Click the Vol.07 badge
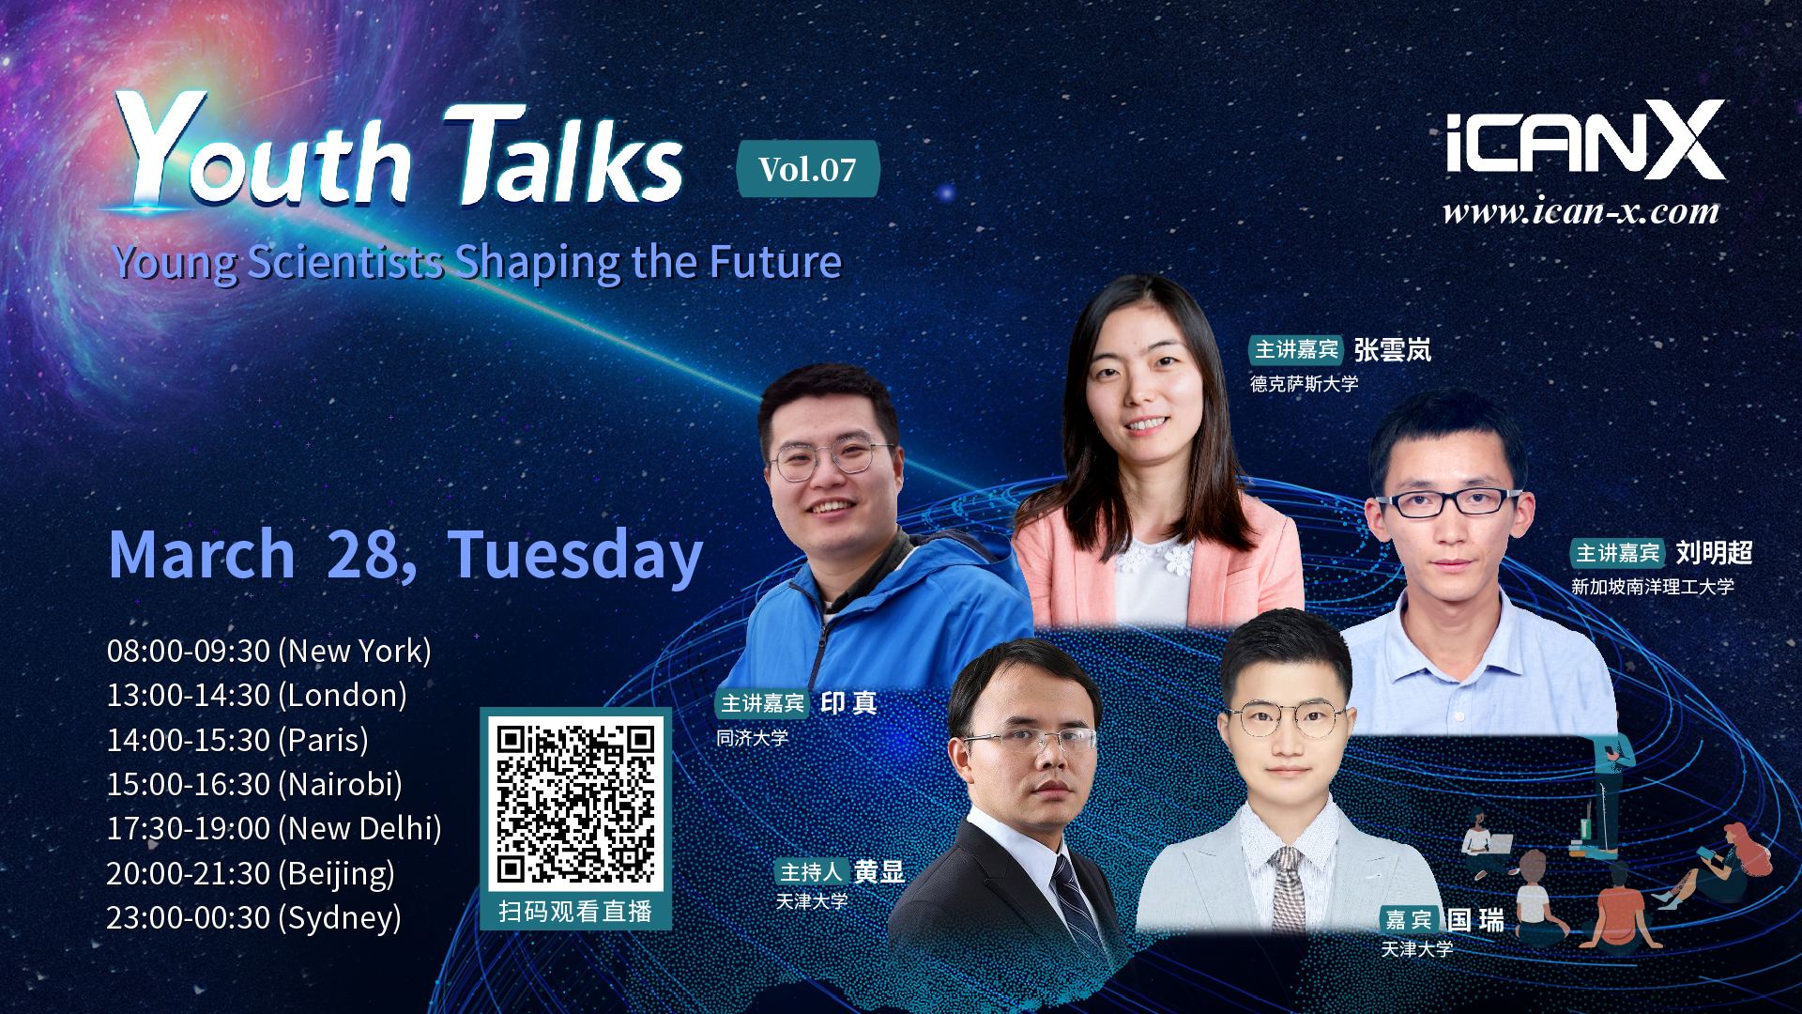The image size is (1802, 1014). tap(808, 169)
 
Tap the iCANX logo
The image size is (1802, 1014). tap(1584, 141)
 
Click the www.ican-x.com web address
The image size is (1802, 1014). tap(1581, 211)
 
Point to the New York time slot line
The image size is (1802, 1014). tap(268, 651)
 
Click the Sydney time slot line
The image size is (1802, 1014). tap(253, 917)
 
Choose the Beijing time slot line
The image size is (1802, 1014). tap(251, 873)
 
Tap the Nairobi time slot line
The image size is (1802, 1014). tap(254, 784)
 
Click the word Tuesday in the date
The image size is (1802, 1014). tap(575, 556)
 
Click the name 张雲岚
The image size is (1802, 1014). tap(1393, 350)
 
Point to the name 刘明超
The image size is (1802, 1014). tap(1714, 553)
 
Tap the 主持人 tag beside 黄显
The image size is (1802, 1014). tap(812, 872)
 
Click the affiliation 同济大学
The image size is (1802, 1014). tap(752, 738)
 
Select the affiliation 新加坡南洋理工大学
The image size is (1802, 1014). tap(1653, 587)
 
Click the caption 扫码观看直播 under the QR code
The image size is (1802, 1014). tap(575, 912)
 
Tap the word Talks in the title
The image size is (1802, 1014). tap(563, 155)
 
